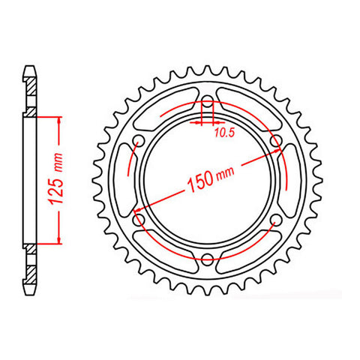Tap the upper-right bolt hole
(277, 142)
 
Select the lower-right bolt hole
(277, 220)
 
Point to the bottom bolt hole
(207, 260)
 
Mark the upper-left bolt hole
(138, 142)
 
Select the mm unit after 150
(225, 172)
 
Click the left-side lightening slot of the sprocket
(123, 181)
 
